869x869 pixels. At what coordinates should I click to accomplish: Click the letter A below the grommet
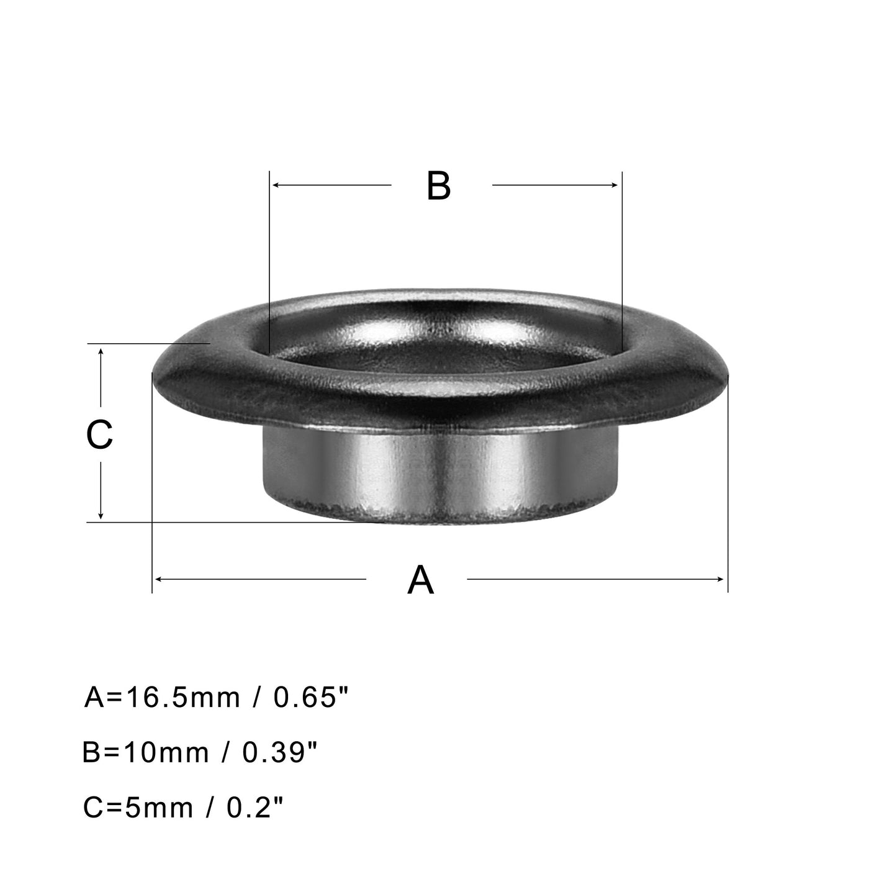(420, 580)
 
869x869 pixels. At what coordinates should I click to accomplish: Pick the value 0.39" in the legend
(279, 753)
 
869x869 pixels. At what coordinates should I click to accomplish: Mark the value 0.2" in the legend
(255, 808)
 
